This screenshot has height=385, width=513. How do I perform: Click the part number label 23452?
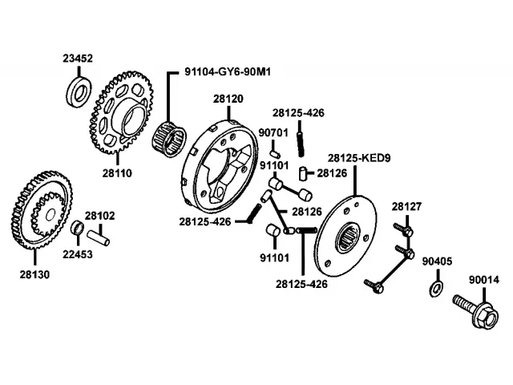[x=78, y=59]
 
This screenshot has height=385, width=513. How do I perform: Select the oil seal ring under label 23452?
[x=79, y=92]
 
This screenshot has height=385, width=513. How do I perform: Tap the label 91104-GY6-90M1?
[x=228, y=71]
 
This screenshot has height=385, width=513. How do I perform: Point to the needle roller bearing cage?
[x=169, y=139]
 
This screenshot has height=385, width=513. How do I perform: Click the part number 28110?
[x=117, y=173]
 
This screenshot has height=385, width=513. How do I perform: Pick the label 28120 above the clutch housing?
[x=228, y=99]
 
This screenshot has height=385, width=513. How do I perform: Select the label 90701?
[x=273, y=132]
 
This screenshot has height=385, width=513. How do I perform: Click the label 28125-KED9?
[x=359, y=158]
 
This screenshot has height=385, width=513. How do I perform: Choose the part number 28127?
[x=406, y=207]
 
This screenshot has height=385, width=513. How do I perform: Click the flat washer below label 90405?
[x=436, y=288]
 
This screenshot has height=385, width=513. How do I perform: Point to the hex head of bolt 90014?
[x=486, y=315]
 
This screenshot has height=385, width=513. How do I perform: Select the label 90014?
[x=484, y=280]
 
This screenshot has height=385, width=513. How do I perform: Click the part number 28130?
[x=34, y=274]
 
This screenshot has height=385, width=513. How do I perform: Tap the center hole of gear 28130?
[x=50, y=216]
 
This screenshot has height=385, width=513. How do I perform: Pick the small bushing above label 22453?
[x=78, y=227]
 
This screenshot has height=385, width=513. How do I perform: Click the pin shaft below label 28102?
[x=98, y=238]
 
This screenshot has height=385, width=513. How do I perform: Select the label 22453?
[x=78, y=254]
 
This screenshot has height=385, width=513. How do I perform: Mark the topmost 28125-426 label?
[x=298, y=113]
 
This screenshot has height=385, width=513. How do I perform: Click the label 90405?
[x=437, y=261]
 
